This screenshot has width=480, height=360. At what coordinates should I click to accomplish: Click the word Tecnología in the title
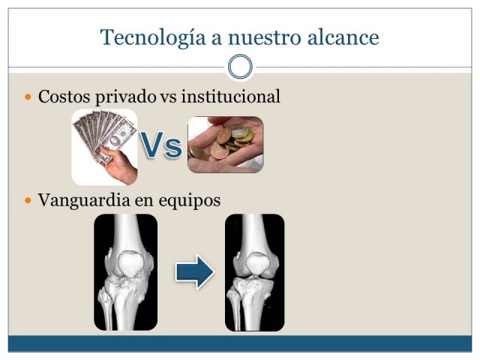click(153, 38)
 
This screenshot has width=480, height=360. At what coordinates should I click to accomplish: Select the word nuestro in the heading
click(265, 38)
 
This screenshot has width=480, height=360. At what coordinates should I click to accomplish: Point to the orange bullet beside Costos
click(28, 97)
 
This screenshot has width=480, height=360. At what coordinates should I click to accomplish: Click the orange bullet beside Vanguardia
click(28, 200)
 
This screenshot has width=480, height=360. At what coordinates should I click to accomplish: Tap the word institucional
click(231, 96)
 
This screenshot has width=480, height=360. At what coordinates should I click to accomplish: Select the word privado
click(125, 97)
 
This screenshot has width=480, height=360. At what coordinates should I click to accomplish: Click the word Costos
click(64, 97)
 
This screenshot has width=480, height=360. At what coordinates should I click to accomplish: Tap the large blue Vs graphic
click(161, 145)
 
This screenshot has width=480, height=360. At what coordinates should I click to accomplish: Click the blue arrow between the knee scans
click(195, 271)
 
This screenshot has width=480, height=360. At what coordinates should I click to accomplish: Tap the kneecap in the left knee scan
click(130, 264)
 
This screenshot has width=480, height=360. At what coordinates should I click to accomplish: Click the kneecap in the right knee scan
click(257, 263)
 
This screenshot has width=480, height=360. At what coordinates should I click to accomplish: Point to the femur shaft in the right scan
click(253, 232)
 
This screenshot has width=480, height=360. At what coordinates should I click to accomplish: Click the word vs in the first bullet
click(168, 97)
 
